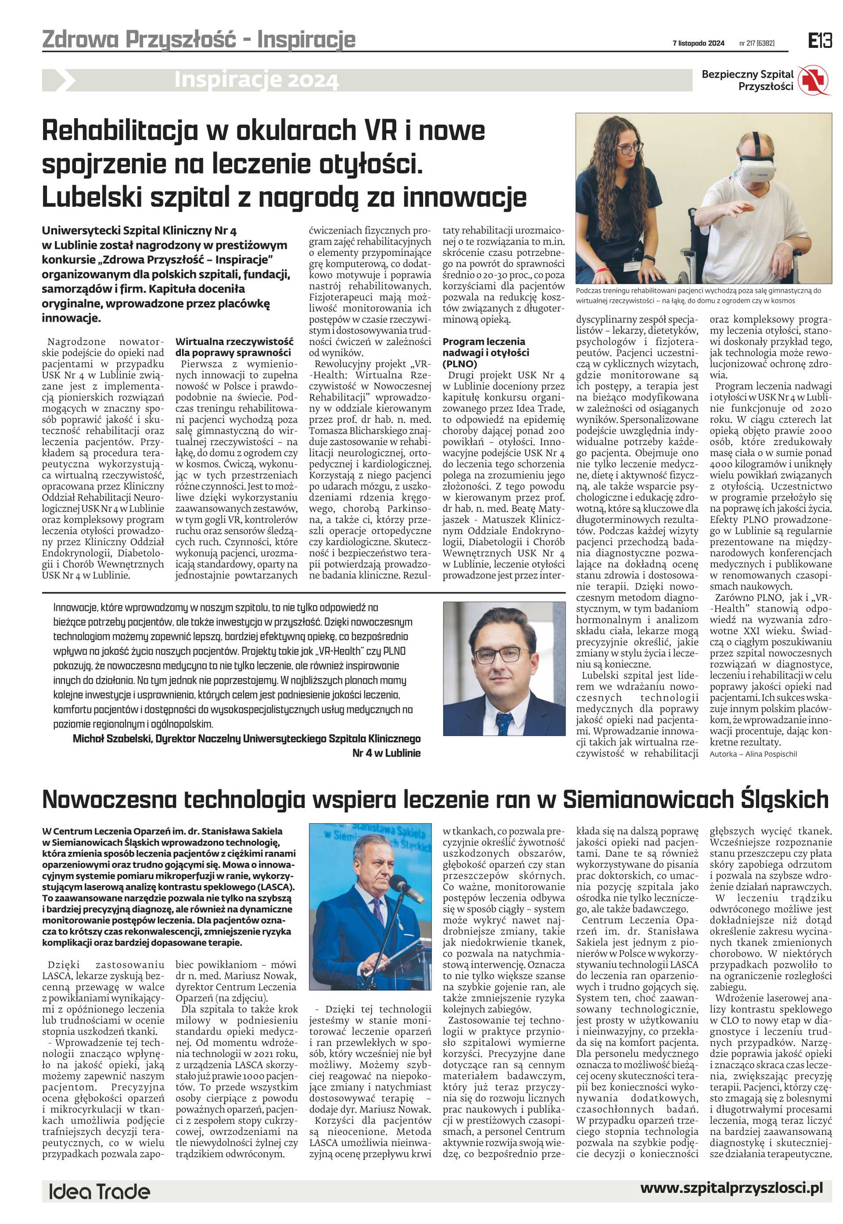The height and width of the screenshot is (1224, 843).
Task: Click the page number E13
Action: pyautogui.click(x=820, y=41)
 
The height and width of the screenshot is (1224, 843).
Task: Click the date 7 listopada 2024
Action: pyautogui.click(x=698, y=43)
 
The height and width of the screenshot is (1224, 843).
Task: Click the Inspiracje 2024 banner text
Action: pyautogui.click(x=256, y=80)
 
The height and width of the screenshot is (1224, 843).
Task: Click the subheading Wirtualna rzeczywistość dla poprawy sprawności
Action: pyautogui.click(x=234, y=347)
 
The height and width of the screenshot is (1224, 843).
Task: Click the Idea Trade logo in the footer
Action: pyautogui.click(x=99, y=1192)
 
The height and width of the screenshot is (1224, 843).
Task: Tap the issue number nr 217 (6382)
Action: pyautogui.click(x=757, y=43)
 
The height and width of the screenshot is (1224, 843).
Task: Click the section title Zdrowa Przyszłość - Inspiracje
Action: pyautogui.click(x=198, y=40)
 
